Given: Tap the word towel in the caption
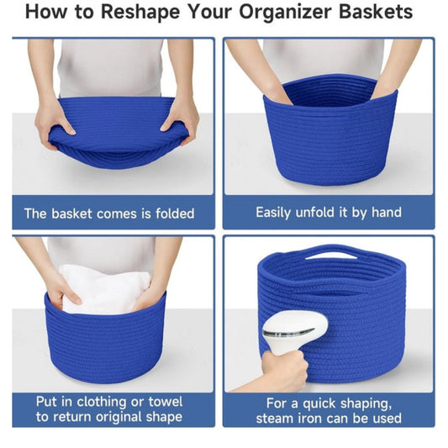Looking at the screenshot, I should pos(162,401).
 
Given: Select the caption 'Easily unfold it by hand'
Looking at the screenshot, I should pos(329,213).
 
